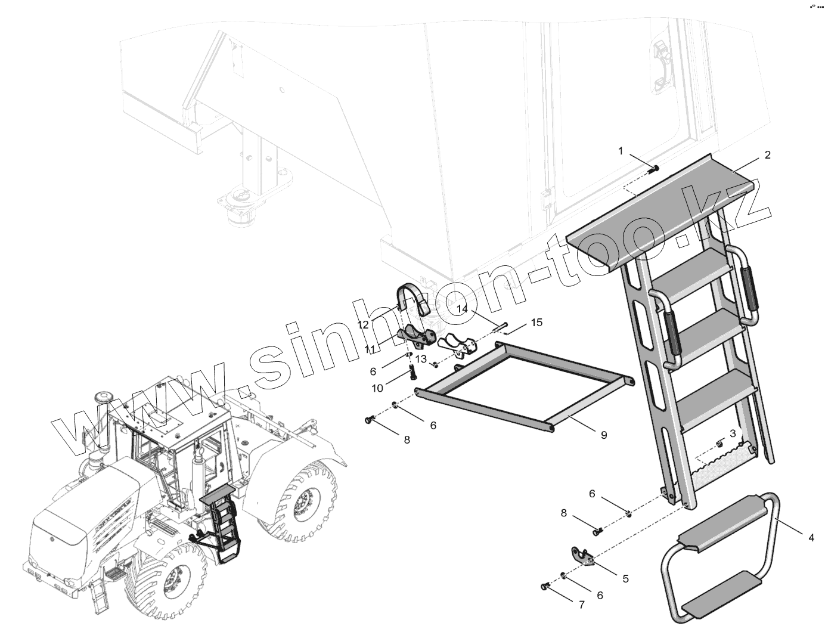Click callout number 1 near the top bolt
[x=621, y=151]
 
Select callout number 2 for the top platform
[x=767, y=155]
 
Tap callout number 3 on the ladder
[x=733, y=433]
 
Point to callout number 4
[x=811, y=537]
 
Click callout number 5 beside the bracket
[x=625, y=578]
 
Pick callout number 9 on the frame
[x=603, y=435]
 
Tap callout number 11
[x=370, y=349]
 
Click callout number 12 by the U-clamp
[x=363, y=324]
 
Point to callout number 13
[x=421, y=359]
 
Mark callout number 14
[x=463, y=309]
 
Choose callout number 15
[x=536, y=323]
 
